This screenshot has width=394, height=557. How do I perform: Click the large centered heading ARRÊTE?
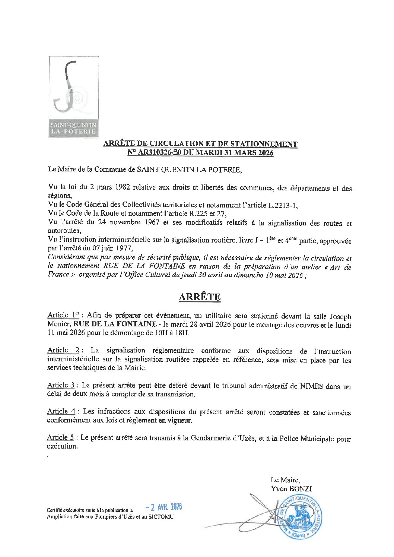point(200,297)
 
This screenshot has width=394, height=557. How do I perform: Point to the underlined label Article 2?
point(63,350)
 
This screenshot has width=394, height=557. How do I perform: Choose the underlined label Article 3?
point(60,385)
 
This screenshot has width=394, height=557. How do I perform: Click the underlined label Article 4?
point(61,411)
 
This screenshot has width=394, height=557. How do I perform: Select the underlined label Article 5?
point(60,438)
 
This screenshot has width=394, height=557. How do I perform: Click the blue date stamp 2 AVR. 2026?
point(164,507)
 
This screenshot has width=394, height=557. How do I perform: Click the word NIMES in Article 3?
point(311,386)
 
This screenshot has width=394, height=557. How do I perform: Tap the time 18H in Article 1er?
point(182,333)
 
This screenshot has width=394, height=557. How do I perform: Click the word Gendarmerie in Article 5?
point(210,438)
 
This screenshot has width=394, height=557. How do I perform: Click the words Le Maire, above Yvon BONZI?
point(285,480)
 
